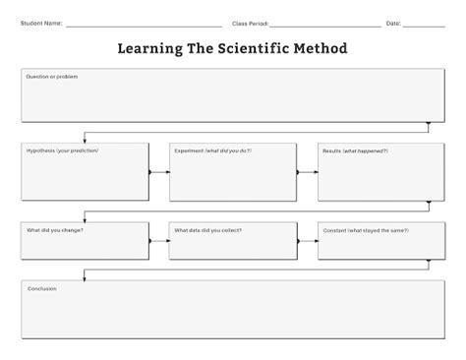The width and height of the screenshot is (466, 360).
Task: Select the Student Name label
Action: point(40,23)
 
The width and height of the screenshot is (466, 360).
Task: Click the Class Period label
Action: point(250,23)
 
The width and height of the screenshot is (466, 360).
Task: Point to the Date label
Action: point(393,23)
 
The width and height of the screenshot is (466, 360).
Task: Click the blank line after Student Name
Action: point(143,26)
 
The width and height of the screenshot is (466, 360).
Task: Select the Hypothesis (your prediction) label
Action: point(63,150)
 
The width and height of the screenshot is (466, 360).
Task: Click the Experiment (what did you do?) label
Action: point(212,150)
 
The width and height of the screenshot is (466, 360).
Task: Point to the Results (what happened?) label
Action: point(354,150)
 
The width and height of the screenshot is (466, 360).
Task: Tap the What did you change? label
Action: point(54,230)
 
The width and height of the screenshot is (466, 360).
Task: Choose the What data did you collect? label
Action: point(207,230)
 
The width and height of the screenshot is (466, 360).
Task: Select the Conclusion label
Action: point(41,288)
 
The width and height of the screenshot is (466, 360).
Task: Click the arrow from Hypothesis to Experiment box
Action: point(159,172)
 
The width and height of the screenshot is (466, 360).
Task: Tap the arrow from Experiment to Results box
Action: point(307,172)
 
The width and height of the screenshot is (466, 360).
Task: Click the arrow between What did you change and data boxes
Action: point(158,240)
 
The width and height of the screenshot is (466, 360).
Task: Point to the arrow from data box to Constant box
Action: point(307,240)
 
